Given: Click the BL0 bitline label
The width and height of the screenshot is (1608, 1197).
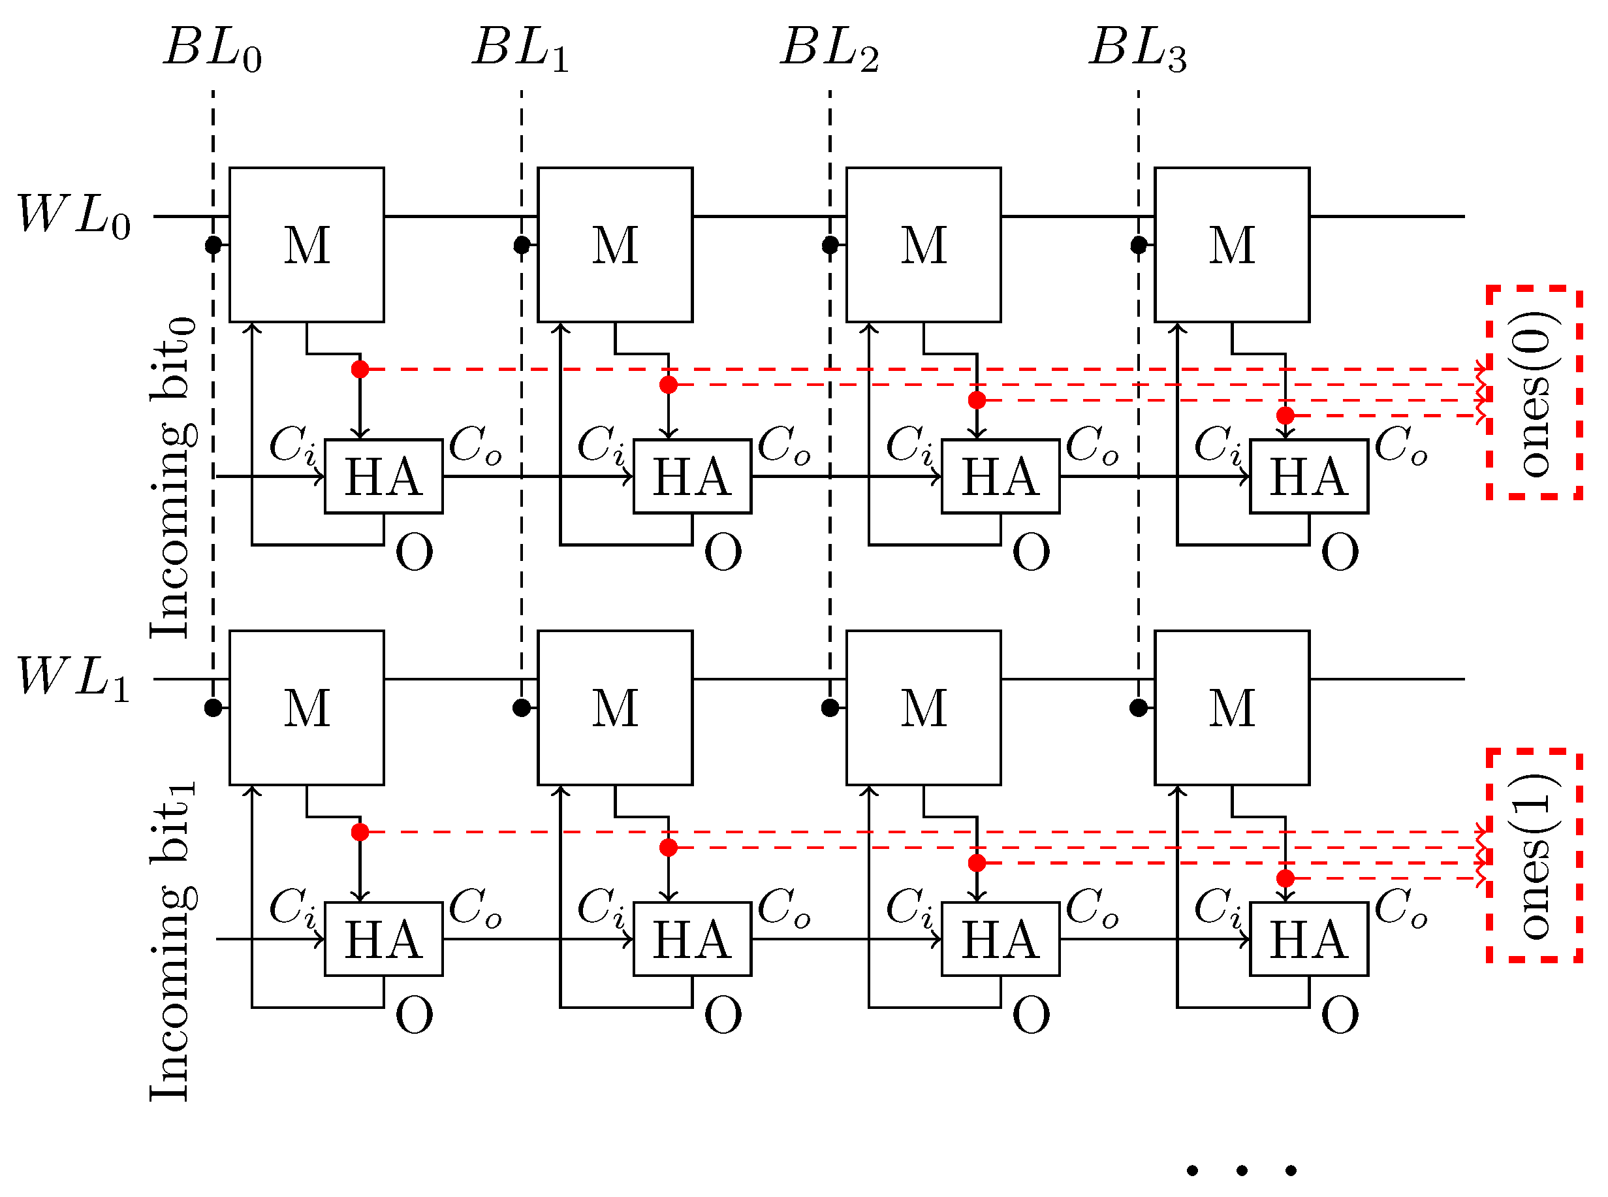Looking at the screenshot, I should point(212,49).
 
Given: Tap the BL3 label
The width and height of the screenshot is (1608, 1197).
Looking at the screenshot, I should point(1137,49).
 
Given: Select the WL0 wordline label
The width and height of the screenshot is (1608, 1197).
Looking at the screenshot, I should point(73,216).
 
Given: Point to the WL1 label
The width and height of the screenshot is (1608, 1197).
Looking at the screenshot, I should point(73,678).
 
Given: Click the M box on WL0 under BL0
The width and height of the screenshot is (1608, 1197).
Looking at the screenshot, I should point(306,245).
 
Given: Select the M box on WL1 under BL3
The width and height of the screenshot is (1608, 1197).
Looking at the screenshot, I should point(1231,708).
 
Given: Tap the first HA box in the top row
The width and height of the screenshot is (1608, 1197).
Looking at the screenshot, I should point(383,476).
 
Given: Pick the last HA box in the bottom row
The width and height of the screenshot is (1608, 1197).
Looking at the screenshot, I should point(1308,939).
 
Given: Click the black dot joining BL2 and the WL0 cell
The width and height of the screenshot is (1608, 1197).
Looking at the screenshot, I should point(830,245).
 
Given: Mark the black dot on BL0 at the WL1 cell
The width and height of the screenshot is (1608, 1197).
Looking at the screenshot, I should point(213,708).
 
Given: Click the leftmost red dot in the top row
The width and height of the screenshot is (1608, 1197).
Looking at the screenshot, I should point(360,370).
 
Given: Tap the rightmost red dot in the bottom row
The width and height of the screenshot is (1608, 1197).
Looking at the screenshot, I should point(1285,878).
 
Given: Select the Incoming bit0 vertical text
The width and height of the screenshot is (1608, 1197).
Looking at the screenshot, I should point(172,478).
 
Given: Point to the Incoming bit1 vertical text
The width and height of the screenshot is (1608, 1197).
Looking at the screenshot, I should point(172,942).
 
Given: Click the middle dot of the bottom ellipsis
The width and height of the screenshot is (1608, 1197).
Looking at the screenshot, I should point(1242,1170).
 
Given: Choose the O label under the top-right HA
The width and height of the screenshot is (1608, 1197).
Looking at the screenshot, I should point(1339,553).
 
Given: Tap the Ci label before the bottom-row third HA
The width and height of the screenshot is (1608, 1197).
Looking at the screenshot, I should point(909,907).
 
